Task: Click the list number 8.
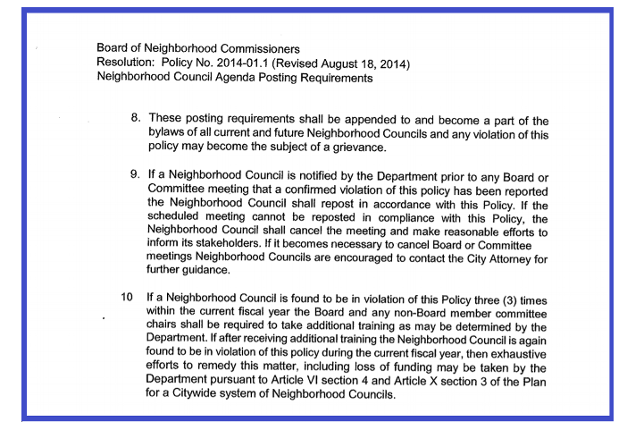pyautogui.click(x=136, y=118)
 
